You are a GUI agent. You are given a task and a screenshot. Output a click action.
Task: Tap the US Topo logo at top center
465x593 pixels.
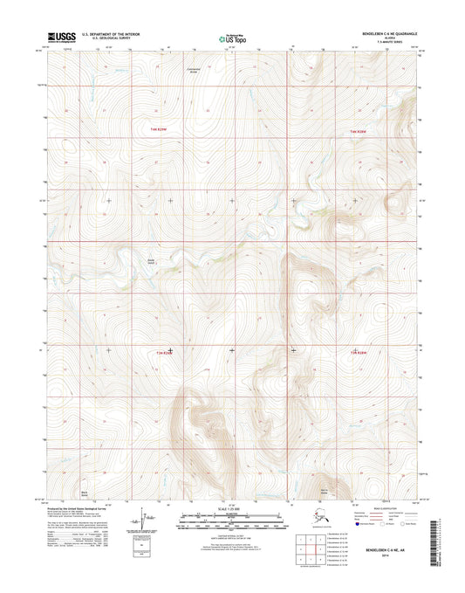pos(232,38)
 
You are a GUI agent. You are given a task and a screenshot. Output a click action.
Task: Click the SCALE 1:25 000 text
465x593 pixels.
pos(232,508)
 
